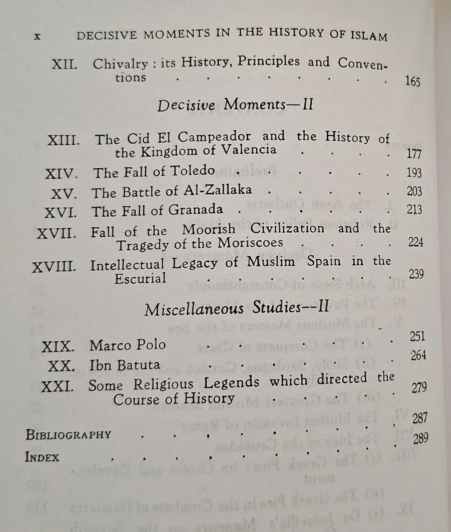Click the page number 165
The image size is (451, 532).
(412, 81)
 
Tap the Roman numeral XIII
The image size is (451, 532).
(64, 140)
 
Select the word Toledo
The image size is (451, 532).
(193, 171)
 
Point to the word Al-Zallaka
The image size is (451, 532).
(218, 190)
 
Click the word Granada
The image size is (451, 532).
(195, 209)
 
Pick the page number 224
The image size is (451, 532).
(415, 242)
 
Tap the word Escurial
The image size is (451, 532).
(140, 278)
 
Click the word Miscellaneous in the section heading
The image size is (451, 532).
(194, 309)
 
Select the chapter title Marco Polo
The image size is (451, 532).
(127, 345)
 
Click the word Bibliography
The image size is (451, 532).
(68, 435)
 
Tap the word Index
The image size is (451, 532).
(42, 457)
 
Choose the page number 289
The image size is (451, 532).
(420, 439)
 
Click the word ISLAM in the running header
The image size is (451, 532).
(369, 36)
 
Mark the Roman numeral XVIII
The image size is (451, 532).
(54, 267)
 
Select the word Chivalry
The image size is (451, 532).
(120, 64)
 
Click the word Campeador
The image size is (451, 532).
(214, 137)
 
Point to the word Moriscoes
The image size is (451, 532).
(250, 243)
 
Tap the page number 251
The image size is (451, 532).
(417, 336)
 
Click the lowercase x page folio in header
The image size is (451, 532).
(37, 36)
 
